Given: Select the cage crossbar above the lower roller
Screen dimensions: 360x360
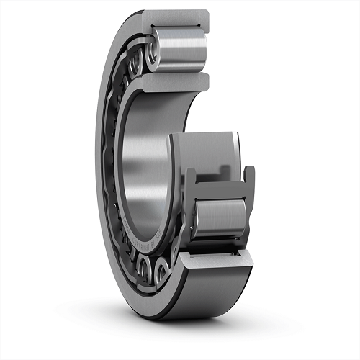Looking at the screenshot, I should [220, 189].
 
